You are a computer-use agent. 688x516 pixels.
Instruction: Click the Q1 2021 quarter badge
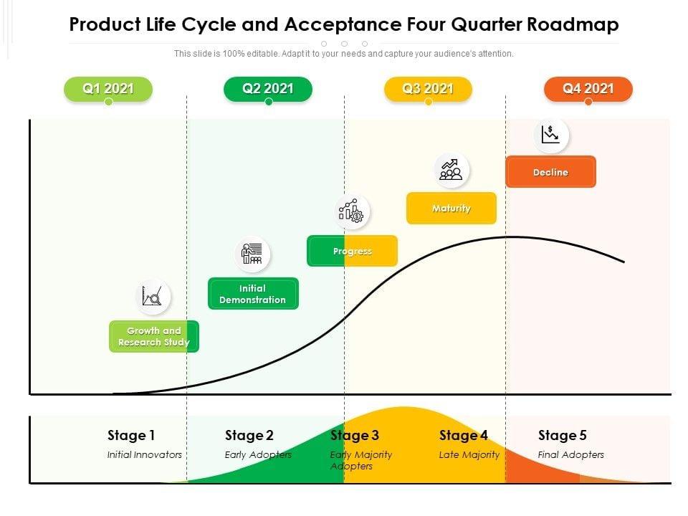coord(108,89)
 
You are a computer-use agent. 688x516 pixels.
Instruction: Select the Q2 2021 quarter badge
coord(268,89)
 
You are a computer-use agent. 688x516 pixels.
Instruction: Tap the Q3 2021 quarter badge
coord(428,89)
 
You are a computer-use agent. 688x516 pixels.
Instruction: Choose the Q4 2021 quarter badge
coord(588,89)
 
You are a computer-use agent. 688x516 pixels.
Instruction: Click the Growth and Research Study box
coord(154,337)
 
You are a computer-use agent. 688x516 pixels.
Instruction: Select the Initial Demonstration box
coord(253,294)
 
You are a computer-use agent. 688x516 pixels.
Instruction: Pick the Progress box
coord(352,252)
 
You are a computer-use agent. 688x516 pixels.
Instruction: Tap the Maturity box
coord(451,209)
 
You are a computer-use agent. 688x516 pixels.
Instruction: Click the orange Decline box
coord(550,173)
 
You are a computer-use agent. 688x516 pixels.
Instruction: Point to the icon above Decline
coord(550,135)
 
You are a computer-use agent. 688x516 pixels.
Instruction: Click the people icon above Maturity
coord(451,170)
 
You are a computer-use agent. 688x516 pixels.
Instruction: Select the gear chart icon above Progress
coord(352,212)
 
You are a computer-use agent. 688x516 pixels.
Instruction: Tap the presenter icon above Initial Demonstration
coord(252,254)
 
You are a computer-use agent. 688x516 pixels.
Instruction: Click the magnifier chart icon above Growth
coord(153,296)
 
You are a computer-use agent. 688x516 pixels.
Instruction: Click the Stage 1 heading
coord(131,435)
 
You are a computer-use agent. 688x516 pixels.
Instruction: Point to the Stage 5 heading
coord(563,435)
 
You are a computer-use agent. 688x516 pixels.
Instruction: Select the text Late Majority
coord(469,454)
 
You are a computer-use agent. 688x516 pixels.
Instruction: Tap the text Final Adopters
coord(571,454)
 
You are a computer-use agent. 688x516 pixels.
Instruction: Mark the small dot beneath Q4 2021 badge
coord(588,102)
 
